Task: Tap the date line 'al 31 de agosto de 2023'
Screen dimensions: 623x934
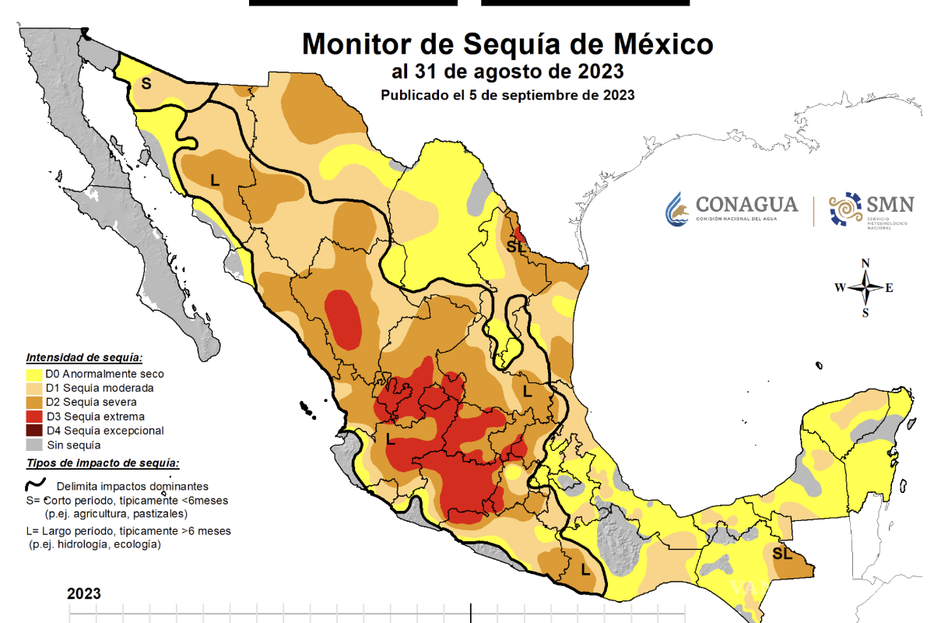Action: pyautogui.click(x=507, y=72)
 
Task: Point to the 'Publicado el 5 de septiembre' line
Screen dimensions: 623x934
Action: pyautogui.click(x=507, y=95)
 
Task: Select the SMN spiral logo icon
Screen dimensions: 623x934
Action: pyautogui.click(x=845, y=209)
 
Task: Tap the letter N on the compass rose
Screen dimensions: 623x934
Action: pyautogui.click(x=866, y=263)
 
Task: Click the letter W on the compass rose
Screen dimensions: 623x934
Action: pyautogui.click(x=841, y=288)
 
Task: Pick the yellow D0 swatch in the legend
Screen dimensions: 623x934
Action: pyautogui.click(x=34, y=374)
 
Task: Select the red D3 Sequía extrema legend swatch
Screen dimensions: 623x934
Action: pyautogui.click(x=34, y=417)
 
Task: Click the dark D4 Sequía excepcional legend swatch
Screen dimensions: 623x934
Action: pyautogui.click(x=34, y=431)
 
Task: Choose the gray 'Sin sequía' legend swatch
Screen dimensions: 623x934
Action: pyautogui.click(x=34, y=445)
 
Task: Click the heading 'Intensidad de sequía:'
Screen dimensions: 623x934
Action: pyautogui.click(x=84, y=358)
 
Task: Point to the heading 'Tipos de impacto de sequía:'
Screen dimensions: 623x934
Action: pyautogui.click(x=103, y=463)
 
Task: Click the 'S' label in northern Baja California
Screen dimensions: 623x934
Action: pyautogui.click(x=146, y=83)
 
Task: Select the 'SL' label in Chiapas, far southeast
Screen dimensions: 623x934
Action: pyautogui.click(x=782, y=554)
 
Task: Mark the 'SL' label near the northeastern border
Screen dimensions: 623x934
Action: pyautogui.click(x=514, y=246)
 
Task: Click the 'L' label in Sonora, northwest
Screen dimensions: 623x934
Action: pyautogui.click(x=215, y=180)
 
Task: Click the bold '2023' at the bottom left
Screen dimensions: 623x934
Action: pyautogui.click(x=84, y=593)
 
